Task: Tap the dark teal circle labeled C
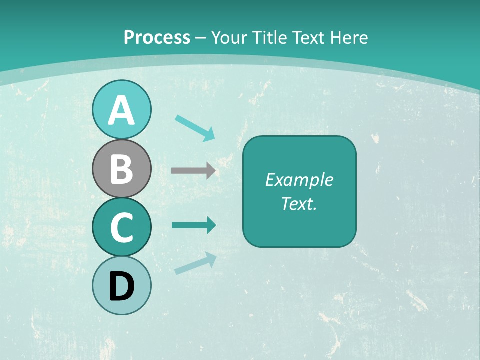tap(121, 227)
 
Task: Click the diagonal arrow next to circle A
tap(195, 128)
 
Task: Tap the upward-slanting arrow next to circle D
tap(195, 263)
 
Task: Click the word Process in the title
tap(157, 37)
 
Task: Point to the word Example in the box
tap(299, 180)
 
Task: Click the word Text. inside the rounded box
tap(299, 203)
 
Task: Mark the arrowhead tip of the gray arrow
tap(215, 171)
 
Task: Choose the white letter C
tap(121, 227)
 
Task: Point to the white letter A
tap(121, 110)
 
